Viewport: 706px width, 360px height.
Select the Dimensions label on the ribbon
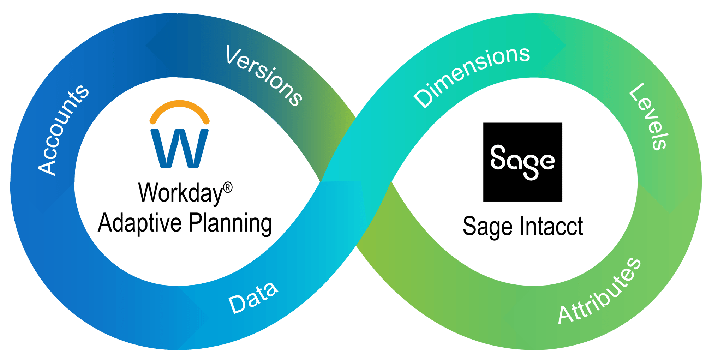[x=472, y=76]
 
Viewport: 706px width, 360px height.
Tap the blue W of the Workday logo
[x=179, y=148]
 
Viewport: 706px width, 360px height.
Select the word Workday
[x=180, y=193]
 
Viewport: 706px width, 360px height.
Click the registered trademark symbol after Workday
[x=228, y=187]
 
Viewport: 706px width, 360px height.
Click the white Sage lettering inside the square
[x=522, y=162]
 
